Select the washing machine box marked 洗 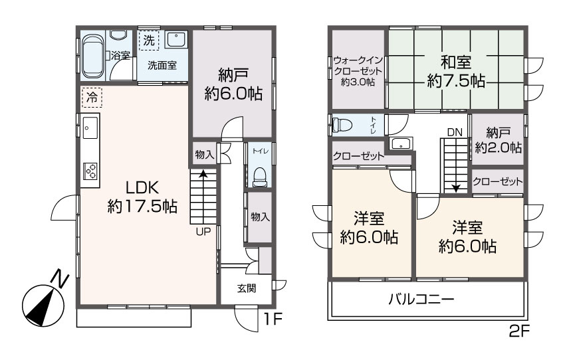(x=150, y=41)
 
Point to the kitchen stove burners (x=90, y=171)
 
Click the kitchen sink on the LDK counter (x=90, y=126)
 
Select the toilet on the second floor (x=344, y=126)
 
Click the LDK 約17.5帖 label (x=142, y=196)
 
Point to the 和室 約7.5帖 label (x=455, y=72)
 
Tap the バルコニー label (x=421, y=300)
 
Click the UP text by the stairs (x=203, y=232)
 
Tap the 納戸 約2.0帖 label (x=498, y=140)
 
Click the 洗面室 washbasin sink (x=176, y=41)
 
